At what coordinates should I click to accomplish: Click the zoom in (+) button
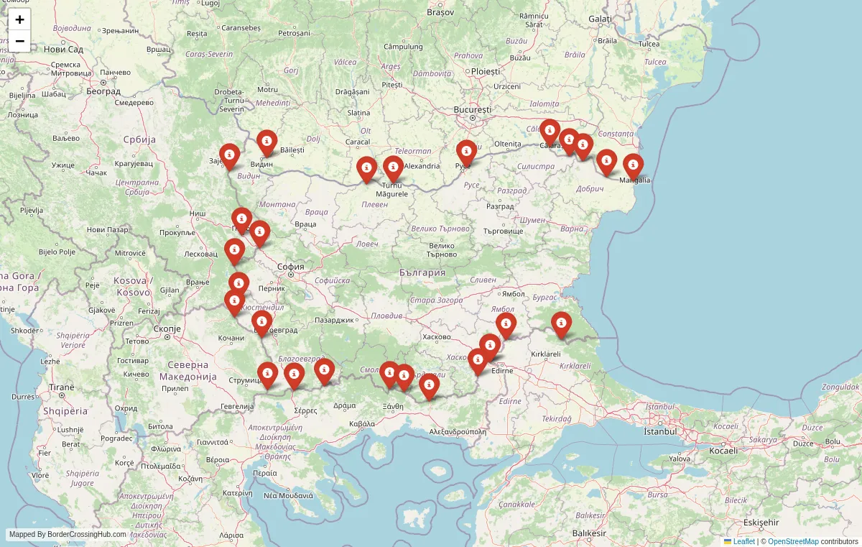click(19, 19)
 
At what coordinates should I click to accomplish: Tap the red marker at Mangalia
click(633, 166)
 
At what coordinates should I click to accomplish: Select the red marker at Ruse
click(466, 152)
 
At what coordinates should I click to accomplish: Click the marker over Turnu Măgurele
click(393, 169)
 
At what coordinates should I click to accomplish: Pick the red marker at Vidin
click(267, 142)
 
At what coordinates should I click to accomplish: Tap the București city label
click(472, 109)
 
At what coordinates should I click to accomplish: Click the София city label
click(291, 267)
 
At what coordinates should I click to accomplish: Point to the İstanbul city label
click(660, 431)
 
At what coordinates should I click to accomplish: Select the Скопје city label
click(167, 328)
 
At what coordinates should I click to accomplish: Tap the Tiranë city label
click(60, 387)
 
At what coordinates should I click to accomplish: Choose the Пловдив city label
click(387, 316)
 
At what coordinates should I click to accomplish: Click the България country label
click(422, 273)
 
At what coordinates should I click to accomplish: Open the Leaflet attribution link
click(743, 541)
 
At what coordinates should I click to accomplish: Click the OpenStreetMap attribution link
click(793, 541)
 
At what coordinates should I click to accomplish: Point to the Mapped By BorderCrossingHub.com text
click(68, 535)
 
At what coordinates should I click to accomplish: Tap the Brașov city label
click(440, 12)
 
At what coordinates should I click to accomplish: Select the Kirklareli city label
click(544, 354)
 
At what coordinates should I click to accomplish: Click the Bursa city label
click(657, 495)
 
